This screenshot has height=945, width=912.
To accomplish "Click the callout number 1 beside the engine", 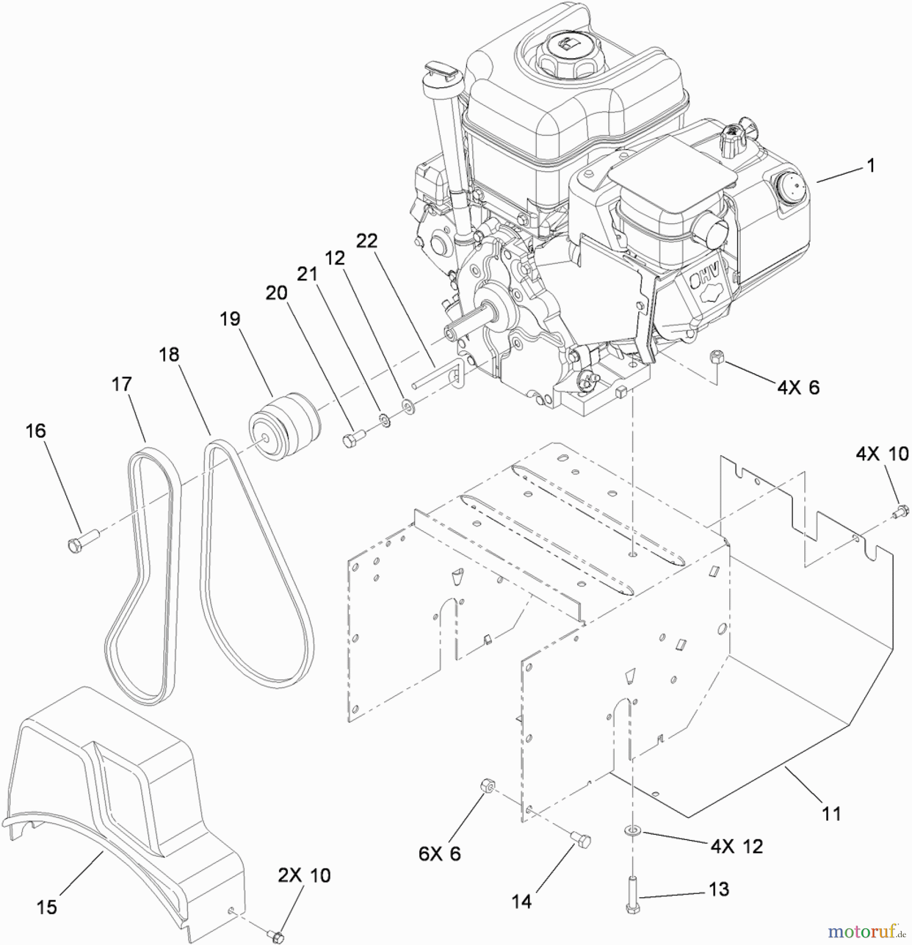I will pos(871,166).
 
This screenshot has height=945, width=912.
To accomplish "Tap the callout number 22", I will pos(367,240).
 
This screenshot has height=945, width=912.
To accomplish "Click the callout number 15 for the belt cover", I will pos(47,907).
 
